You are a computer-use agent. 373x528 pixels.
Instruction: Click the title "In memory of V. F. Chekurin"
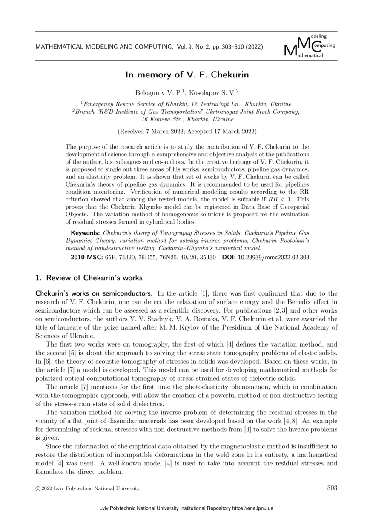[186, 75]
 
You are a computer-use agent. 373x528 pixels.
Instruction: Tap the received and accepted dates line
[186, 132]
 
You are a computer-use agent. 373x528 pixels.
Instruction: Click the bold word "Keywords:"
[85, 233]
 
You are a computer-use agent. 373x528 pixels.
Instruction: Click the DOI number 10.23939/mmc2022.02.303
[273, 257]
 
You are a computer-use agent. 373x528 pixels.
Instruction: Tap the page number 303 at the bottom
[332, 488]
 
